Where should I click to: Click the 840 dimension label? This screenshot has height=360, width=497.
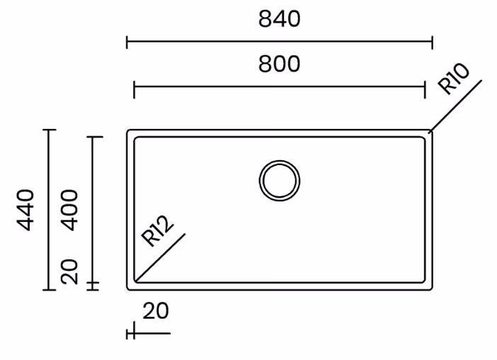point(279,18)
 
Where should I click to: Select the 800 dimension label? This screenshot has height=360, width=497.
point(279,64)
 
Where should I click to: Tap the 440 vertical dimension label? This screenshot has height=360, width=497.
point(25,210)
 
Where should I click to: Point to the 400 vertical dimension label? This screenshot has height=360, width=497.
point(69,210)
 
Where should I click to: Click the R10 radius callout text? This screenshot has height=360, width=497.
point(454,79)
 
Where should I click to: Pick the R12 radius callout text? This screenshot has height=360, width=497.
point(157,231)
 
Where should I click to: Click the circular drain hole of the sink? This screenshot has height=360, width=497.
point(280,181)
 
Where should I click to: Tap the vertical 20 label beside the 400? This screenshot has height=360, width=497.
point(69,271)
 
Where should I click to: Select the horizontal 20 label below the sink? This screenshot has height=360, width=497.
point(156,311)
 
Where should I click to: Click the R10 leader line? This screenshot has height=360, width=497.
point(456,106)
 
